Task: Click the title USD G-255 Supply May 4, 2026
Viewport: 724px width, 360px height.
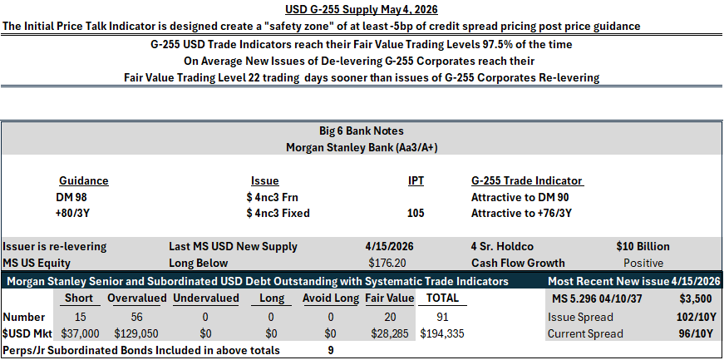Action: pyautogui.click(x=362, y=9)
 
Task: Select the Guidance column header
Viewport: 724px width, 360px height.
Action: pyautogui.click(x=84, y=180)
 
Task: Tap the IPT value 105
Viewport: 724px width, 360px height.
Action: pyautogui.click(x=416, y=213)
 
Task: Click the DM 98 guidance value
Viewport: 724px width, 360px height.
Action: pyautogui.click(x=71, y=197)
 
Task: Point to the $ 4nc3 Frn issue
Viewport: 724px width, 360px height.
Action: pyautogui.click(x=273, y=197)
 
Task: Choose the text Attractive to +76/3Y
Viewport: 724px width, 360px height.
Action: pyautogui.click(x=520, y=213)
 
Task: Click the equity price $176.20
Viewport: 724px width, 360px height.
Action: pyautogui.click(x=387, y=263)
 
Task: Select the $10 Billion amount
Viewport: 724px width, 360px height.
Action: pyautogui.click(x=643, y=246)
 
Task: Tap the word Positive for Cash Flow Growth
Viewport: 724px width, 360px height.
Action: pyautogui.click(x=643, y=263)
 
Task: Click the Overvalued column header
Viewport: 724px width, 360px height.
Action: pyautogui.click(x=136, y=298)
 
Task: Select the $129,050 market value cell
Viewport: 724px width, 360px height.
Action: pyautogui.click(x=135, y=333)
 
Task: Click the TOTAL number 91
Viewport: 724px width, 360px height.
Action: pyautogui.click(x=442, y=317)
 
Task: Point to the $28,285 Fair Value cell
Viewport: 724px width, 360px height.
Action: pyautogui.click(x=389, y=333)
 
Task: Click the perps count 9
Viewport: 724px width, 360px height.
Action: pyautogui.click(x=331, y=350)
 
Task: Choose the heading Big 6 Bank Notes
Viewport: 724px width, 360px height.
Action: pyautogui.click(x=362, y=131)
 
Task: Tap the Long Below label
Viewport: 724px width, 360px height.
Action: pyautogui.click(x=198, y=263)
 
